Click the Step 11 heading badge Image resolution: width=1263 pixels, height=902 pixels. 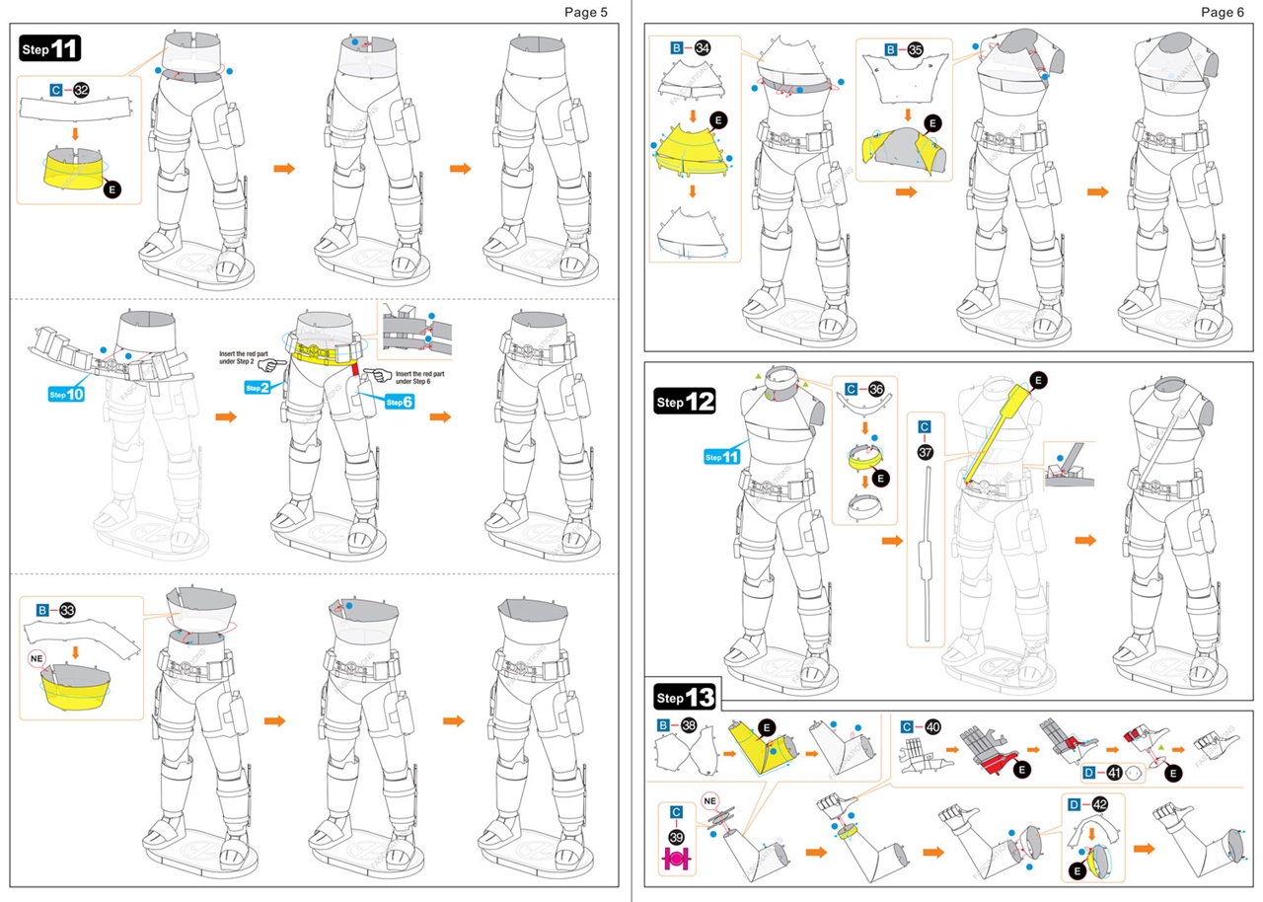(49, 48)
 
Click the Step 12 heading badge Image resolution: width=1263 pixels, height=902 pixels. (685, 402)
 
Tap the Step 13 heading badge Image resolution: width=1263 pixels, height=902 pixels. (685, 698)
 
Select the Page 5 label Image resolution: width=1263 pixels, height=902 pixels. (586, 12)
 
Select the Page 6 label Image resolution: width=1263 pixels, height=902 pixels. (1224, 12)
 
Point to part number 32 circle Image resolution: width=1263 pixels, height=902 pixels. (81, 90)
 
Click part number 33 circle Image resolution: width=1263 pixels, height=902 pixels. (67, 610)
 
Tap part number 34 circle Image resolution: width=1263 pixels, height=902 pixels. (703, 47)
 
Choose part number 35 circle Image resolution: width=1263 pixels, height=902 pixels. (915, 48)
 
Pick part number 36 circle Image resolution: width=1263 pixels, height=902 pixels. (875, 389)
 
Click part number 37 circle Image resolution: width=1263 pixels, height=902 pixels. (925, 451)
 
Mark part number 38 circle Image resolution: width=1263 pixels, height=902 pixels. (689, 725)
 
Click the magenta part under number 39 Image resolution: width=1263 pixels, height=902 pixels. (676, 860)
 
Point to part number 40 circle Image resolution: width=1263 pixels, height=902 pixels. (932, 725)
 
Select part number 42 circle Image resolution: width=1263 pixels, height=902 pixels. (1100, 804)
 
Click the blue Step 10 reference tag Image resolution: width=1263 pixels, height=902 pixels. (67, 395)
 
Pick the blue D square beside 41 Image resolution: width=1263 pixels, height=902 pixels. (1089, 773)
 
